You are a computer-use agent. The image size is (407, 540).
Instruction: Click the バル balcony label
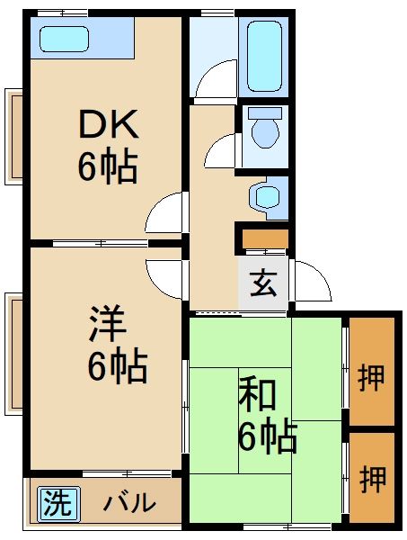click(x=128, y=503)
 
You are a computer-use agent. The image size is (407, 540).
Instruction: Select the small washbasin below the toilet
click(x=266, y=197)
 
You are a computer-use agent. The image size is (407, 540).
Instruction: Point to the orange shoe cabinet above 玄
click(x=263, y=239)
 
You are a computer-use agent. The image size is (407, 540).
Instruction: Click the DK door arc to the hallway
click(x=166, y=215)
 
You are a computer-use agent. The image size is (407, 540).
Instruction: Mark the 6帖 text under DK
click(x=107, y=168)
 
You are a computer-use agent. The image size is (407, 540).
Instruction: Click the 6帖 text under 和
click(x=267, y=436)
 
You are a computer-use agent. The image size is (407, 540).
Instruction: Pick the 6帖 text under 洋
click(x=115, y=366)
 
